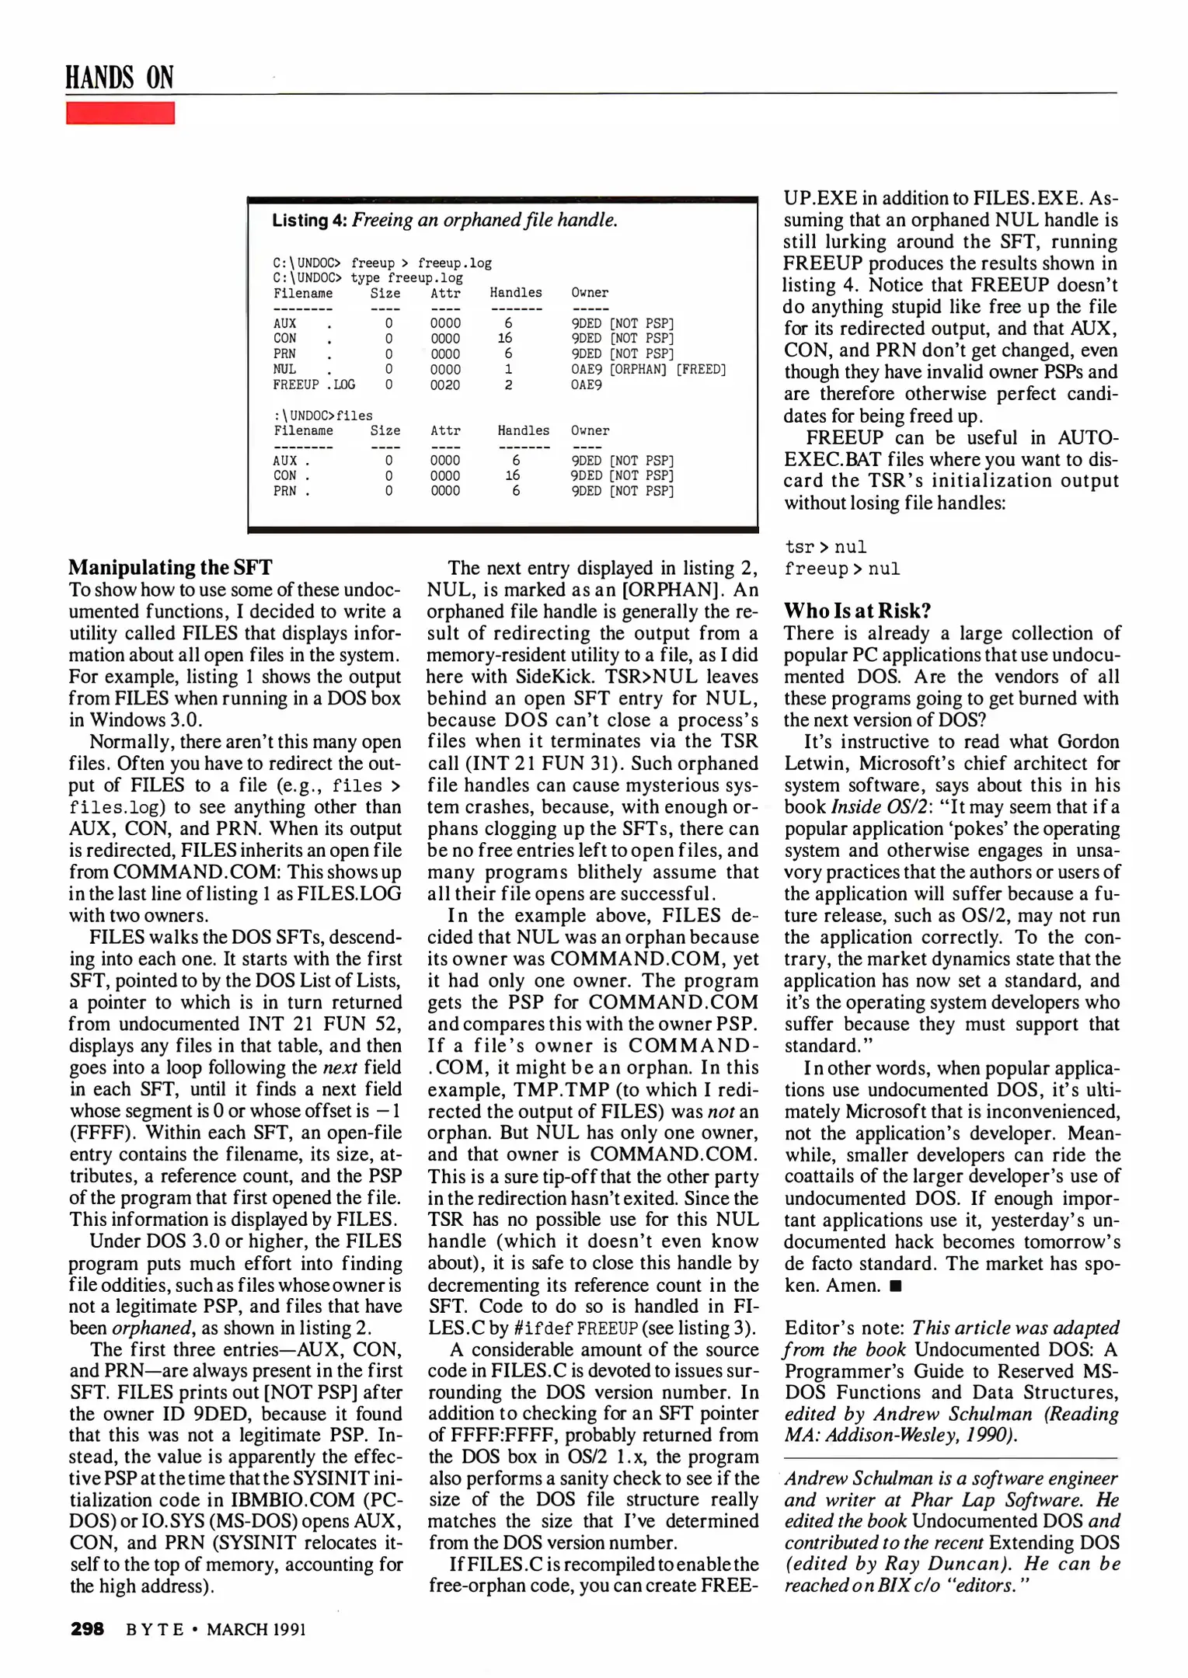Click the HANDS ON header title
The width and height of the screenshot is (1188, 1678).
(x=119, y=78)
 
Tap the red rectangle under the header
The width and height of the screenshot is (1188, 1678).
(x=120, y=113)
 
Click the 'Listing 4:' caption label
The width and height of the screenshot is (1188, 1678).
(x=309, y=221)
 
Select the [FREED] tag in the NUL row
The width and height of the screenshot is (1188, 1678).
(x=701, y=370)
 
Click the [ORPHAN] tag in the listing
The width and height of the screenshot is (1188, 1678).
(x=638, y=370)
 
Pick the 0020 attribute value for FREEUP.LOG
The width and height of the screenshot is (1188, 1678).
(x=445, y=385)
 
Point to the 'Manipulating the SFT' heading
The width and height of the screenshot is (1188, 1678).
(x=170, y=567)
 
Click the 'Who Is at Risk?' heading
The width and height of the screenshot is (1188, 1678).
(x=857, y=611)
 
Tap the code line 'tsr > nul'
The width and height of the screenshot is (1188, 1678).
(x=825, y=548)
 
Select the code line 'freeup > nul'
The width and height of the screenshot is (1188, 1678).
(x=841, y=569)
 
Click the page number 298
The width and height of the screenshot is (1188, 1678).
(x=87, y=1629)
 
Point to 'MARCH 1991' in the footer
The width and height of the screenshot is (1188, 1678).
(x=256, y=1629)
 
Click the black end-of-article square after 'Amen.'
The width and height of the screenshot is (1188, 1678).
(x=896, y=1286)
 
